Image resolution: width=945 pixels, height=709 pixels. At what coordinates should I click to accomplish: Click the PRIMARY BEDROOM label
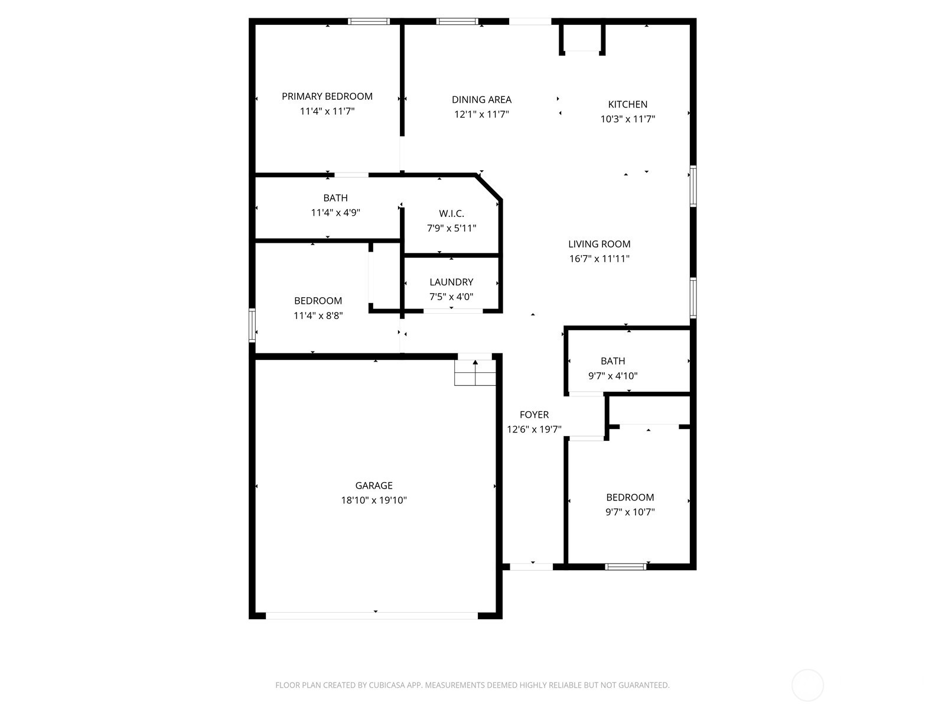point(327,96)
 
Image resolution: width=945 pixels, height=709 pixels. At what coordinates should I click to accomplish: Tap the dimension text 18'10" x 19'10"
point(374,500)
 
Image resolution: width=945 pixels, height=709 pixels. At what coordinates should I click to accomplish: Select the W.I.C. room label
point(451,213)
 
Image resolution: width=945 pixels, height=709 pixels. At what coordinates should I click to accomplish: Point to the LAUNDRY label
point(451,282)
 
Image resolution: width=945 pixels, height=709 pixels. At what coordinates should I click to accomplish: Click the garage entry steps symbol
point(475,372)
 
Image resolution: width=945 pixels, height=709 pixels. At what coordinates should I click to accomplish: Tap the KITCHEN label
point(628,104)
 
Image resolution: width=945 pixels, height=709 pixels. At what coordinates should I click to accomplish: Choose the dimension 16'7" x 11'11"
point(599,259)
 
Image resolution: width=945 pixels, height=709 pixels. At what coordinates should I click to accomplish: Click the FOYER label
point(534,415)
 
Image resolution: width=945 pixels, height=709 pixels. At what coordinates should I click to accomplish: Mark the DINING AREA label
point(481,100)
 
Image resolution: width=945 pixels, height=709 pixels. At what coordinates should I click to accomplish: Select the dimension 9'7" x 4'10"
point(612,376)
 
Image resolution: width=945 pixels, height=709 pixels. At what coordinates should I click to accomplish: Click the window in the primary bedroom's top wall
point(369,21)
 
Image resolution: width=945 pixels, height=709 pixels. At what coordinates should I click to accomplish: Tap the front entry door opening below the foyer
point(532,567)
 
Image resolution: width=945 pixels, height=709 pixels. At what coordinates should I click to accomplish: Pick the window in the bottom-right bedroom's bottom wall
point(625,567)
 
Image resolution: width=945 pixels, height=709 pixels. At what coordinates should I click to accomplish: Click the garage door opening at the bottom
point(372,616)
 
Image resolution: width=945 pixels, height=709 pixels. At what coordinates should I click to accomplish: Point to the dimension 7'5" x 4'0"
point(451,297)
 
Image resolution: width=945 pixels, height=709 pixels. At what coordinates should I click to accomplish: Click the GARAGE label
point(374,486)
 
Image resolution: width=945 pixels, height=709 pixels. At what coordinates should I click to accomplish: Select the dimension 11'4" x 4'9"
point(335,213)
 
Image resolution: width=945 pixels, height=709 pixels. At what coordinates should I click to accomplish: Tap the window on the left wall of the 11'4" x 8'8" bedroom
point(252,325)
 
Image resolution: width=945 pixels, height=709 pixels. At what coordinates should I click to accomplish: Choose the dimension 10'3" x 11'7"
point(628,119)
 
